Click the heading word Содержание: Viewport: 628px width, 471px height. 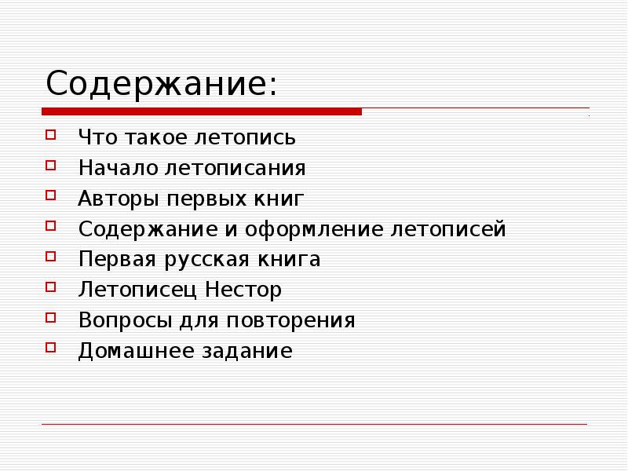pyautogui.click(x=161, y=83)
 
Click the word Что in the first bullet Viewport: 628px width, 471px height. pyautogui.click(x=96, y=138)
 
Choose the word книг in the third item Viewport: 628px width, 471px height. pyautogui.click(x=278, y=199)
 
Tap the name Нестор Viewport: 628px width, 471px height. pyautogui.click(x=244, y=290)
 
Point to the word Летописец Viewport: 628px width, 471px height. pyautogui.click(x=138, y=290)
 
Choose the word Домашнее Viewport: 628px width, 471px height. pyautogui.click(x=129, y=351)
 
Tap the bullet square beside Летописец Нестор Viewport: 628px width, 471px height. pyautogui.click(x=51, y=287)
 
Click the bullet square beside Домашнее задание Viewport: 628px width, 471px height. pyautogui.click(x=51, y=348)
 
